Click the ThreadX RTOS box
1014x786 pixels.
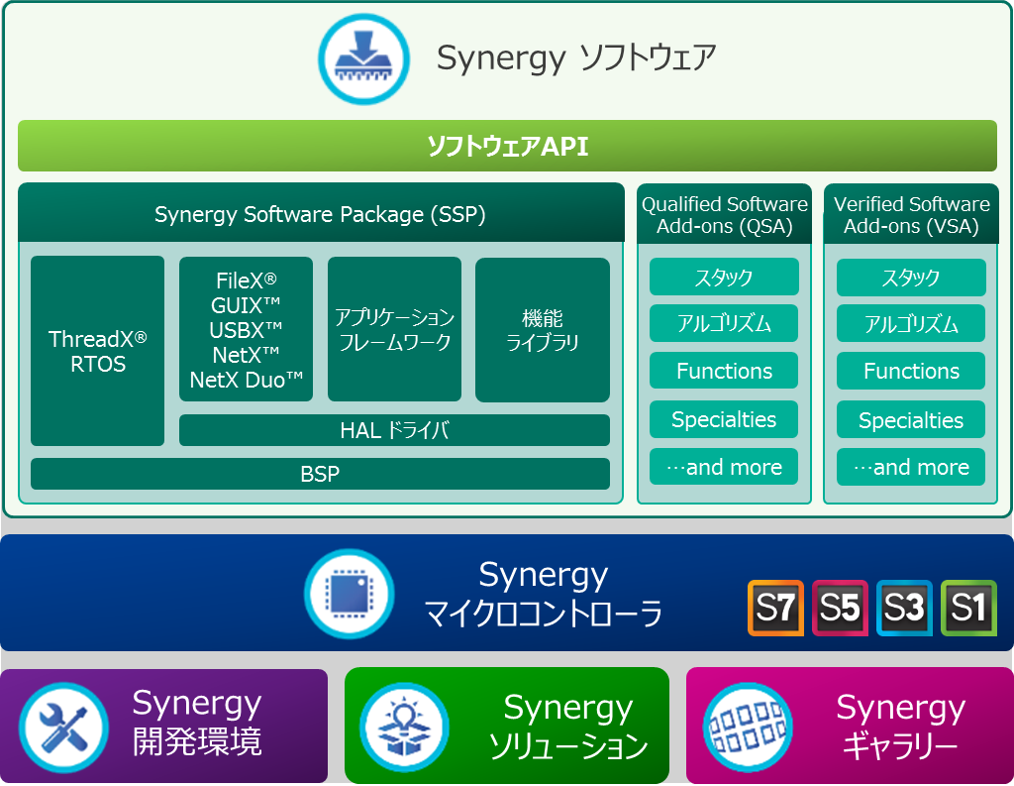click(98, 351)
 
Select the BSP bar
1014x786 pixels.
click(320, 474)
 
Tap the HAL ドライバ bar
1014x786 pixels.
click(394, 430)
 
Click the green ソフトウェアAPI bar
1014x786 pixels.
click(507, 146)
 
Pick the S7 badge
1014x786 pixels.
click(776, 608)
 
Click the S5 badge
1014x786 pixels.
click(840, 608)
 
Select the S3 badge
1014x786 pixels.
click(904, 608)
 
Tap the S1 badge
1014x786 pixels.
click(968, 608)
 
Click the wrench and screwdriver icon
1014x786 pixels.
click(63, 728)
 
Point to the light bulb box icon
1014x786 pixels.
click(405, 728)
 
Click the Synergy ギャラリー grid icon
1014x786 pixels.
click(749, 728)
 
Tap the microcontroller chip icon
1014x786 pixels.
click(350, 594)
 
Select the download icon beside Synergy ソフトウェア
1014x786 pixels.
click(364, 58)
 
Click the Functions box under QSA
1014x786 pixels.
click(724, 371)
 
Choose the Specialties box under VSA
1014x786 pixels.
click(911, 420)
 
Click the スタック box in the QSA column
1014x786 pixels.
click(724, 278)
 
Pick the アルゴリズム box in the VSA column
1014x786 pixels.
click(911, 324)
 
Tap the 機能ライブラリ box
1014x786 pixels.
click(543, 329)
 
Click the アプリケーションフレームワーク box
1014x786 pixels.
click(394, 329)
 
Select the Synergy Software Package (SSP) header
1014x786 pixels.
click(321, 214)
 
